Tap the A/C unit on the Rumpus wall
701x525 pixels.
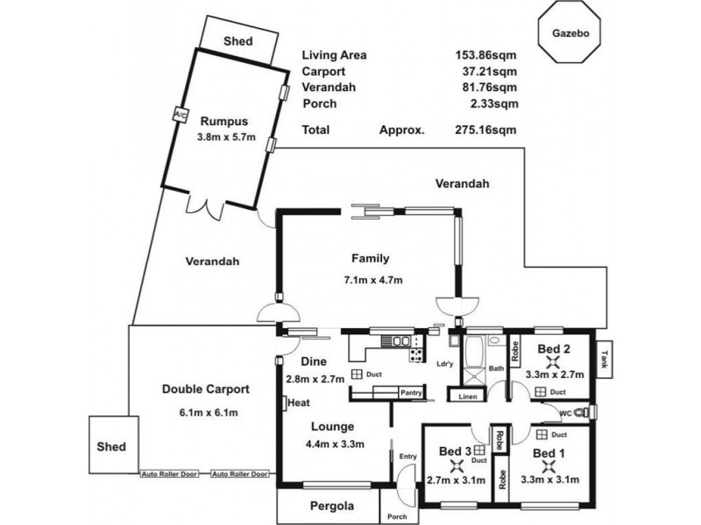click(181, 115)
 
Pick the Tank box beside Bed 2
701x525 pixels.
click(605, 360)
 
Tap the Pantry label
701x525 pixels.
click(413, 394)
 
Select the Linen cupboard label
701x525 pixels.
click(466, 397)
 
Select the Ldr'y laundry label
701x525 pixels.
click(445, 364)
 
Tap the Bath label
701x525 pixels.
click(496, 368)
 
